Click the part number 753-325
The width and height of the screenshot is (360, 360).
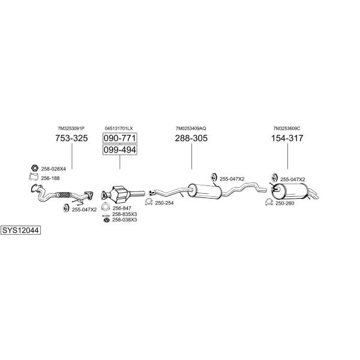[71, 138]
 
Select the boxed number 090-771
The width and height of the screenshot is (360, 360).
[120, 138]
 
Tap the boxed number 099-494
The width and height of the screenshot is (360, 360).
[120, 149]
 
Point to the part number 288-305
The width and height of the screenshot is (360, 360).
[191, 138]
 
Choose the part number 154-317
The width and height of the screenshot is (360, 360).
[287, 138]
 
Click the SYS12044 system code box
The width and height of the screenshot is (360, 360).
[20, 230]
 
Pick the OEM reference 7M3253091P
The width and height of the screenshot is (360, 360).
[71, 128]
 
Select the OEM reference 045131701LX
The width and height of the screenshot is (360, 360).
[119, 128]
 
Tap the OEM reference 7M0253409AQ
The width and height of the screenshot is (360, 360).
[191, 128]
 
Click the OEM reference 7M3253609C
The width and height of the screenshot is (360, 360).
[287, 128]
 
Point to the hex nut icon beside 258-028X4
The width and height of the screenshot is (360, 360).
[35, 168]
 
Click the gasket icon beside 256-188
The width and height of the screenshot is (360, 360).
[34, 177]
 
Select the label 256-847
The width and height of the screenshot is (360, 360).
[122, 208]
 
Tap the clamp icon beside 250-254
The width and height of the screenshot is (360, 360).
[149, 202]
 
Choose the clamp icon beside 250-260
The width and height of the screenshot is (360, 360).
[269, 202]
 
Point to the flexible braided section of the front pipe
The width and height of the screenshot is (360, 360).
[64, 194]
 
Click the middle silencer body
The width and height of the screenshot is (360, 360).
[205, 190]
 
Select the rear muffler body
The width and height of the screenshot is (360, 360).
[290, 191]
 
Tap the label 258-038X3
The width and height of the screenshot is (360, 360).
[124, 220]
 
